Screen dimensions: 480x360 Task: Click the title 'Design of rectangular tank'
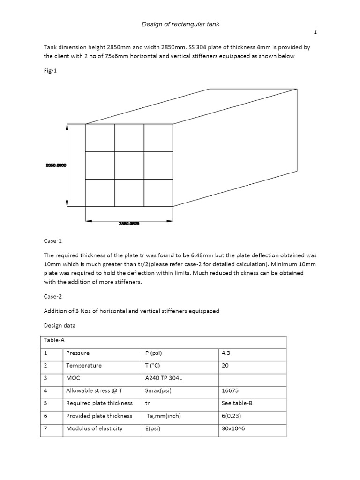(x=180, y=24)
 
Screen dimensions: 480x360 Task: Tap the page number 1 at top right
(x=315, y=32)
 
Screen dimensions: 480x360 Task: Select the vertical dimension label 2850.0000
(x=56, y=165)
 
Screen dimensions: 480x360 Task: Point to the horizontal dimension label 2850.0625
(x=129, y=224)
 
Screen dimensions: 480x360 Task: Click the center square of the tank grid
(x=129, y=165)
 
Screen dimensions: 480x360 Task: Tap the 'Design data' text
(x=60, y=325)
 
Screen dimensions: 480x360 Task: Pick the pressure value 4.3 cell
(x=225, y=353)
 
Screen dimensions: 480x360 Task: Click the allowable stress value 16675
(x=230, y=390)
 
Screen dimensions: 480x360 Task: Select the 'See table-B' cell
(x=237, y=403)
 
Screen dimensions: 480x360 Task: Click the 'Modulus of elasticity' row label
(x=94, y=428)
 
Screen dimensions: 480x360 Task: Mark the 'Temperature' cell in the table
(x=84, y=365)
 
